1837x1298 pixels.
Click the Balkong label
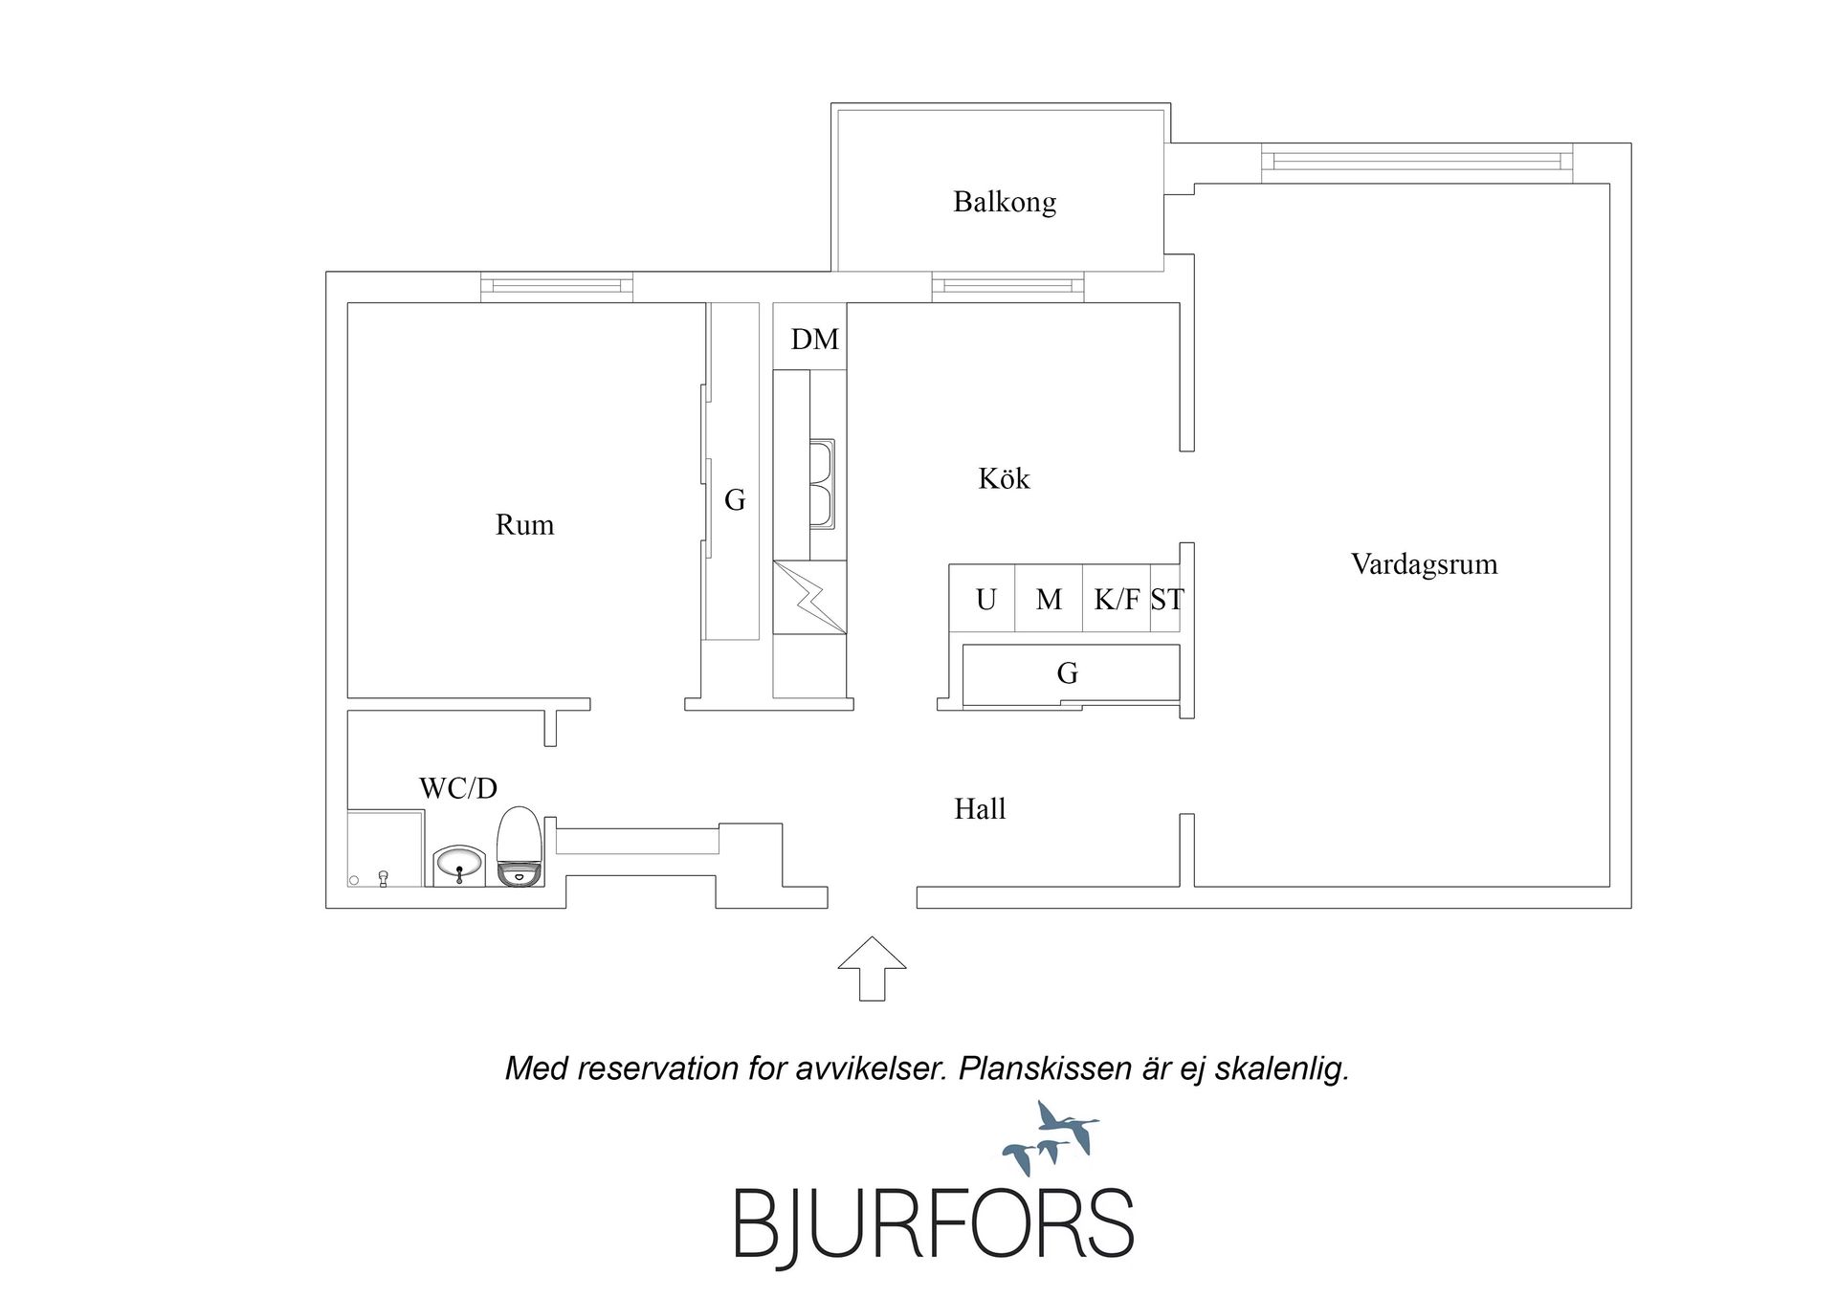pos(1005,203)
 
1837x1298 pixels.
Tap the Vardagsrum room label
pos(1424,564)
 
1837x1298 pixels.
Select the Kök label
pos(1004,478)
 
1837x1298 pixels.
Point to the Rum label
pos(524,525)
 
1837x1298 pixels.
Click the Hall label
pos(980,809)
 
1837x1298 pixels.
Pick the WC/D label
pos(458,788)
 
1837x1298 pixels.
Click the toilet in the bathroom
pos(520,847)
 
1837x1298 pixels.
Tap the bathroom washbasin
pos(459,866)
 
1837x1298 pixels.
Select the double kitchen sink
pos(822,484)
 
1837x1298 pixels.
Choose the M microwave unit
pos(1049,599)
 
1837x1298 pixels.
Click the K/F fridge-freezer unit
pos(1116,599)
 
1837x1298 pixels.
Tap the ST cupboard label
pos(1167,600)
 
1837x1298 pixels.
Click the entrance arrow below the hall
pos(873,968)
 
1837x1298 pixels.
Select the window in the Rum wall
pos(557,286)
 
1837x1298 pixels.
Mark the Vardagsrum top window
pos(1417,162)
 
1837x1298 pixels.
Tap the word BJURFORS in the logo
pos(934,1223)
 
